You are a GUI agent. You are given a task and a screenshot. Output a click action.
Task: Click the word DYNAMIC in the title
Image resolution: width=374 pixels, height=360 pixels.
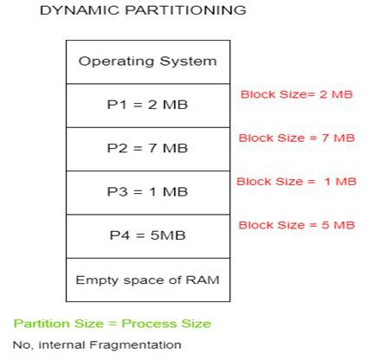click(80, 10)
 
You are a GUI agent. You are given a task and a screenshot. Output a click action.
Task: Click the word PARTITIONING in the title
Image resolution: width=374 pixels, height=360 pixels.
click(185, 10)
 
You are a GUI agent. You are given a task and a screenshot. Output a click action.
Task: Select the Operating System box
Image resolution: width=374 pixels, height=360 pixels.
click(148, 62)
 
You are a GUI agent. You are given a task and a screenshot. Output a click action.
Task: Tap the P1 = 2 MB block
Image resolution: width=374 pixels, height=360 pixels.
click(148, 106)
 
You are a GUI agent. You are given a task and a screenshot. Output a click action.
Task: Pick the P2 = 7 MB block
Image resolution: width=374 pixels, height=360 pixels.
click(148, 150)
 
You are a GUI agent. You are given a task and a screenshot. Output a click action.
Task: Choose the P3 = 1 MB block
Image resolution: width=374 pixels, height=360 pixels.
click(148, 193)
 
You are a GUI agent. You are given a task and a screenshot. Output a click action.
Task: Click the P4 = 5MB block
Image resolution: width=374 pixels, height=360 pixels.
click(148, 236)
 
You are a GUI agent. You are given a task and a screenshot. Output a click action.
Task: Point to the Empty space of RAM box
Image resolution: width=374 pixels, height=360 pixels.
click(148, 280)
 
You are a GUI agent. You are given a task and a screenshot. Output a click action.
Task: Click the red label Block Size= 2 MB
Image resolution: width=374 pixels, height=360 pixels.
click(297, 94)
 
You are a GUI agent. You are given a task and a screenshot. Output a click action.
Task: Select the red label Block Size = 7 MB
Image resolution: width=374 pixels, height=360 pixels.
click(297, 138)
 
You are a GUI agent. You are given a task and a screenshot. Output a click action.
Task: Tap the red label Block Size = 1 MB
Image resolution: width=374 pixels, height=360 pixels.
click(297, 182)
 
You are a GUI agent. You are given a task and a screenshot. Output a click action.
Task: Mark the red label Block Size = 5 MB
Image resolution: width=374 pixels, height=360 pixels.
click(297, 225)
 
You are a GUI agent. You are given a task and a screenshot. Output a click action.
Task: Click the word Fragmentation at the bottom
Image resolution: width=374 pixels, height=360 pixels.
click(135, 345)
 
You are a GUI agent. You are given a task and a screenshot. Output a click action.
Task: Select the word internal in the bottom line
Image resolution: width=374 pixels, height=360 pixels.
click(61, 344)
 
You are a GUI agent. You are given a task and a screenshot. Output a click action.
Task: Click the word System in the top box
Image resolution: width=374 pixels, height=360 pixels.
click(188, 62)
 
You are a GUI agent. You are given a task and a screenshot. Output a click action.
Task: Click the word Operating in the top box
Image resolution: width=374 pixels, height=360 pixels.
click(116, 62)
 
